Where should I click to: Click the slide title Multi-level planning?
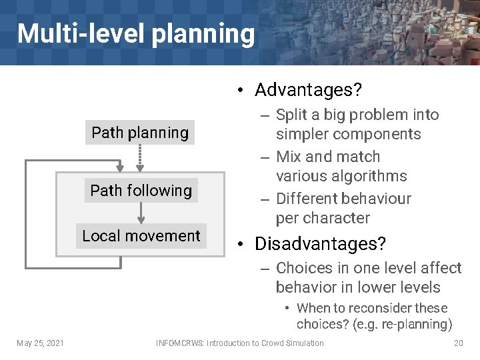click(135, 33)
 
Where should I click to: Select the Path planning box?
click(140, 133)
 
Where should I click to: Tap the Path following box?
click(141, 191)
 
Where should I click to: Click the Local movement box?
click(141, 236)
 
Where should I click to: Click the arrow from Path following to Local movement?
click(141, 213)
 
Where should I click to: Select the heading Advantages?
click(308, 89)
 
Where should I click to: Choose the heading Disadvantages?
click(320, 244)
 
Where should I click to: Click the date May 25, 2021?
click(41, 343)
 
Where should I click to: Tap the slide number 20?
click(458, 343)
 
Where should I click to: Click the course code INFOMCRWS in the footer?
click(179, 343)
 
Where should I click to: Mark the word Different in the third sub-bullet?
click(307, 199)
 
